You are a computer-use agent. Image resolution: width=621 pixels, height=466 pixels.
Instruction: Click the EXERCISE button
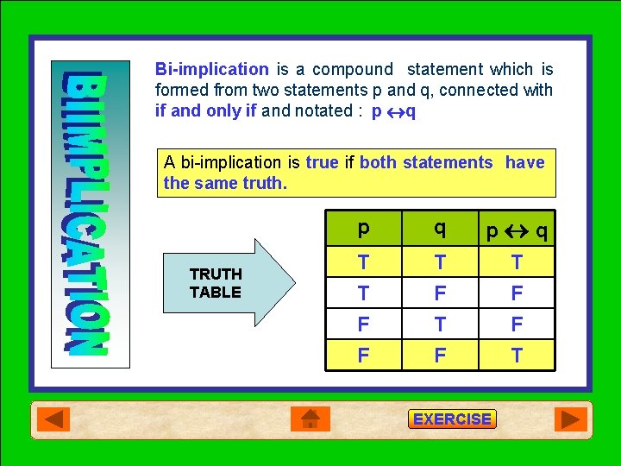[452, 419]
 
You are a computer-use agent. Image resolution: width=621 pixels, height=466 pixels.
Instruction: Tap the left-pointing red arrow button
[54, 419]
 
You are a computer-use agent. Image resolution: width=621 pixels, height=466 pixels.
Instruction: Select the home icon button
[310, 419]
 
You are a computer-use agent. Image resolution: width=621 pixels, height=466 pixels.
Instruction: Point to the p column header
[364, 229]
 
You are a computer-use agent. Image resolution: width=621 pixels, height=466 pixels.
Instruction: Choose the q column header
[440, 229]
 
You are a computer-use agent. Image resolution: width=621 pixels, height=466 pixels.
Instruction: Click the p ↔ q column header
[516, 230]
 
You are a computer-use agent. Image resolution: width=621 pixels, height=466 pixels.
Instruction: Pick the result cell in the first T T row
[516, 261]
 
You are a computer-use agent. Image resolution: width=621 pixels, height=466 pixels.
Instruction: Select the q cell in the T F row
[440, 293]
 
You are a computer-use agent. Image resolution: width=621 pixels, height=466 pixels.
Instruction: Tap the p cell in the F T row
[364, 324]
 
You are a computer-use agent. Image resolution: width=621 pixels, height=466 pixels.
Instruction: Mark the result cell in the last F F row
[516, 355]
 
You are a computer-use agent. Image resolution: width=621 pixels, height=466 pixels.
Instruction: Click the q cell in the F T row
[440, 324]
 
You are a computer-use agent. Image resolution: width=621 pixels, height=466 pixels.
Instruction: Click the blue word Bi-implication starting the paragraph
[211, 69]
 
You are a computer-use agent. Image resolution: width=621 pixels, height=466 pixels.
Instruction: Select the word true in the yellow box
[322, 162]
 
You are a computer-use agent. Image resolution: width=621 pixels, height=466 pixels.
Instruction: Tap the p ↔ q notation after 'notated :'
[393, 111]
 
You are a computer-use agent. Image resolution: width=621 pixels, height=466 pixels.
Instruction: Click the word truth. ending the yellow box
[262, 183]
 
